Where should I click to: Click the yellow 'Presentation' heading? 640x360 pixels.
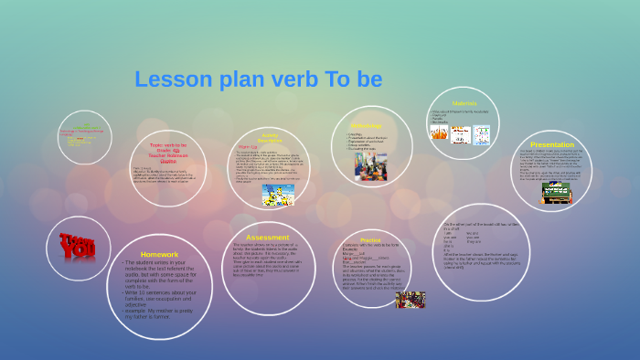tap(552, 144)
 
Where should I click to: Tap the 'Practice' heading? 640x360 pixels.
tap(370, 239)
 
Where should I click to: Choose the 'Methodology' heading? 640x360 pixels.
tap(365, 125)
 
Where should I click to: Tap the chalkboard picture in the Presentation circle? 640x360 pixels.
tap(556, 193)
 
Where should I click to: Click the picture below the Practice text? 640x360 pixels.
tap(410, 299)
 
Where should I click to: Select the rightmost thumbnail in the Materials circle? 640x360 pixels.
tap(482, 134)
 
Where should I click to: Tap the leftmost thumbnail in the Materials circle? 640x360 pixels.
tap(439, 132)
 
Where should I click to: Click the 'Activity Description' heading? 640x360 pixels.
tap(270, 137)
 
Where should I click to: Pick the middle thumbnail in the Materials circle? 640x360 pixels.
tap(460, 133)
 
